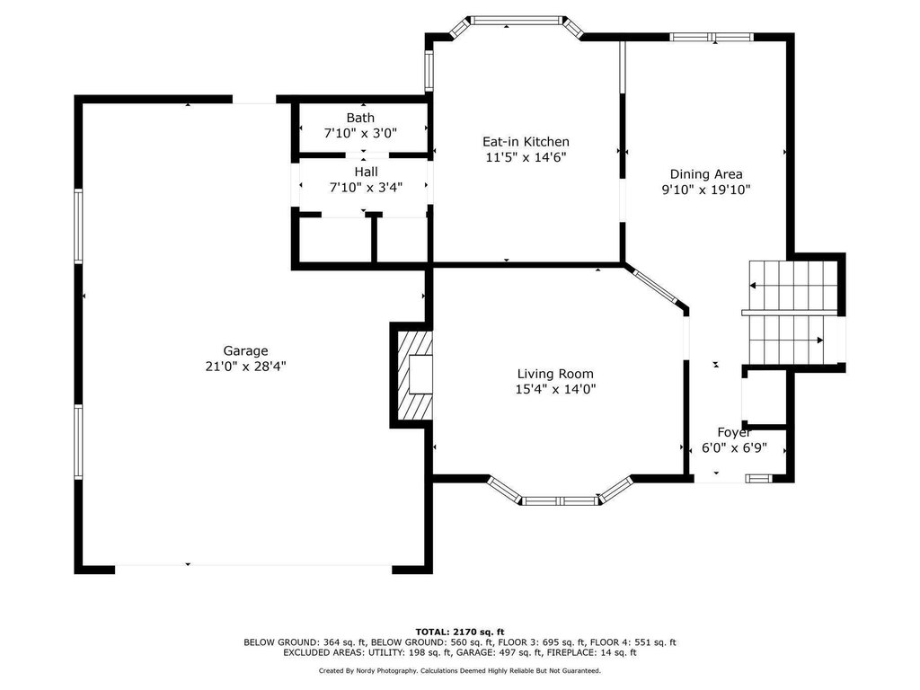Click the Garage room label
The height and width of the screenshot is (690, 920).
[x=245, y=351]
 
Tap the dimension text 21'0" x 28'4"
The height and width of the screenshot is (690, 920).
[x=245, y=367]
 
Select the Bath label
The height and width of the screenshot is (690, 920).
[x=360, y=118]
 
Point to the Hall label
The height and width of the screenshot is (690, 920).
[x=367, y=172]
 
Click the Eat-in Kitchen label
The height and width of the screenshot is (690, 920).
[x=526, y=141]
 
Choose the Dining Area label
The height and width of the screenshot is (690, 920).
[x=706, y=174]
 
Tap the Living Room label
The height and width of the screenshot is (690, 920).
[x=555, y=374]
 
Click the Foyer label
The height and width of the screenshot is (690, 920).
[x=734, y=432]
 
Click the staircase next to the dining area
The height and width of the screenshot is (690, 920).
[x=792, y=313]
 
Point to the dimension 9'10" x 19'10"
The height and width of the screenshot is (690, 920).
[x=706, y=190]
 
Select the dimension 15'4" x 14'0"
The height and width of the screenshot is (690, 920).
[x=555, y=389]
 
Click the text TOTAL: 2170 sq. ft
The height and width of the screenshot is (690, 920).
[x=460, y=632]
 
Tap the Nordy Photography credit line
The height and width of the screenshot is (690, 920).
[x=460, y=670]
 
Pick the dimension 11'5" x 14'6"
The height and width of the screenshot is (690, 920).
[x=526, y=157]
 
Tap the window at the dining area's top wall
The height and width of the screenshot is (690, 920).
[x=712, y=37]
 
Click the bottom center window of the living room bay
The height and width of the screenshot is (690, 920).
[x=560, y=501]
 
